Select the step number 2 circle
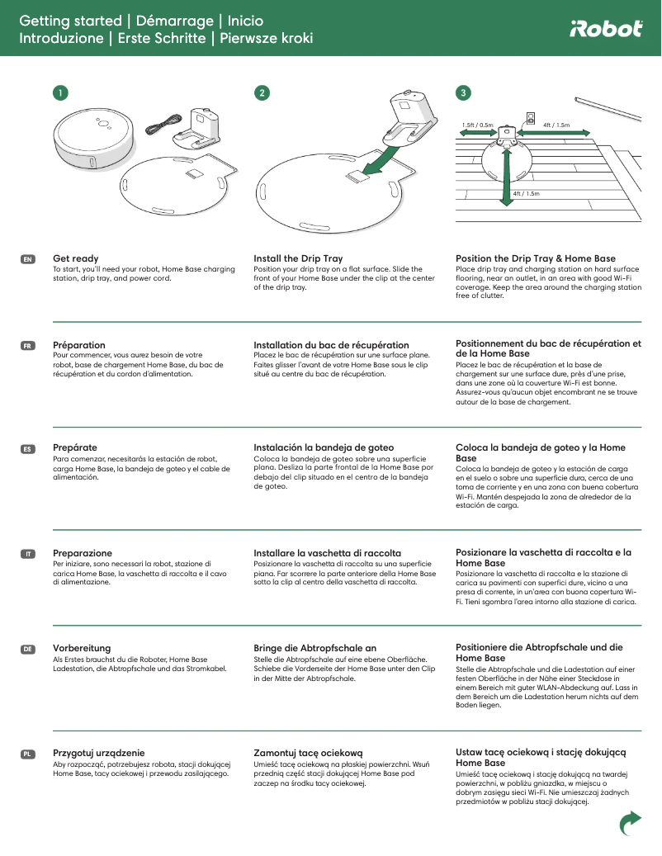262,93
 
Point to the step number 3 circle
464,93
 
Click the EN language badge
27,260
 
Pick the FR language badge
27,346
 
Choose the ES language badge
27,449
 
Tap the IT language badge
27,554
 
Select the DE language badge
27,650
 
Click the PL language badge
27,754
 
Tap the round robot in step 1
94,137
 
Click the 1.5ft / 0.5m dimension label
477,125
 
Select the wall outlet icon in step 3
531,117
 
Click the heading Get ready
75,258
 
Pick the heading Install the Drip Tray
298,258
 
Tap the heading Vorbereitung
82,648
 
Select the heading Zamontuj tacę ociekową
308,753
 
